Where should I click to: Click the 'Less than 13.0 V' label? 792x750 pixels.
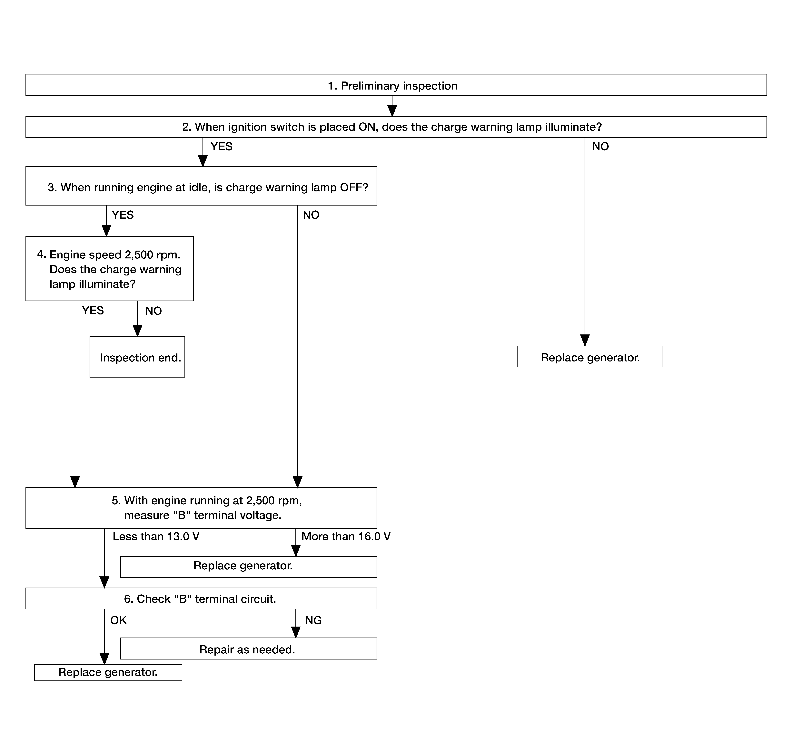[x=156, y=536]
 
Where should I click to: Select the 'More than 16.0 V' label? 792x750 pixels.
[x=346, y=536]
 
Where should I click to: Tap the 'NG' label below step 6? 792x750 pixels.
[x=314, y=620]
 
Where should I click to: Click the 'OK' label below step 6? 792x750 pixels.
[x=118, y=620]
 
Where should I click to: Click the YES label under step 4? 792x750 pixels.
[x=93, y=311]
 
